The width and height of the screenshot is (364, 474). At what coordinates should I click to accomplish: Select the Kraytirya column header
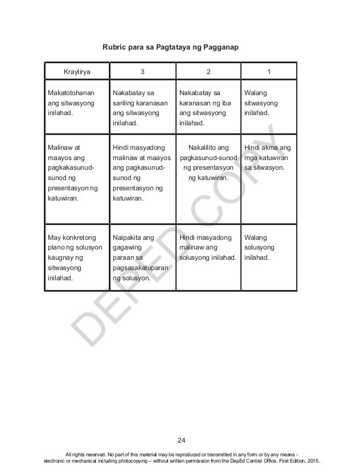76,72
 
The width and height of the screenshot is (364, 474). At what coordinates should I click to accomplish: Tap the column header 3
142,72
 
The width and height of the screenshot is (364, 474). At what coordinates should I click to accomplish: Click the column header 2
208,72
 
